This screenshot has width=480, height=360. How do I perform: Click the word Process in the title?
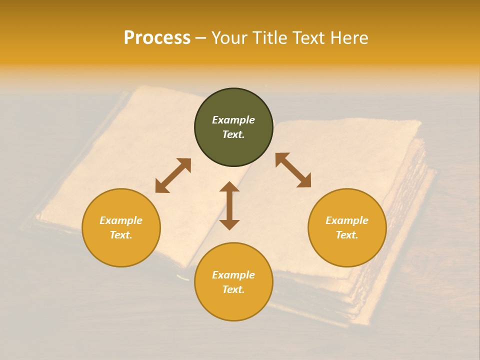point(157,38)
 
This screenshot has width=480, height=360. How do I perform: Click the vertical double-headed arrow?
point(229,205)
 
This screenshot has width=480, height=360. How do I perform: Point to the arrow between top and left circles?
point(173,175)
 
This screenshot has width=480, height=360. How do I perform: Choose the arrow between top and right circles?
point(293,170)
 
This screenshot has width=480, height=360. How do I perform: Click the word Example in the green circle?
point(233,120)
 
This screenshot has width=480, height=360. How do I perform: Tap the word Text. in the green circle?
point(233,134)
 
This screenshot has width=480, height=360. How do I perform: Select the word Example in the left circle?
point(121,220)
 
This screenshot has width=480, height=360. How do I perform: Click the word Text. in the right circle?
point(347,235)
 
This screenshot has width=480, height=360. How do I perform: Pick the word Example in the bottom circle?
point(233,275)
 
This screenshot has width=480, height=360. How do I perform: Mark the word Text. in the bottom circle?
point(233,289)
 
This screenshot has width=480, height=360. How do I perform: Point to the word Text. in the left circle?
point(121,235)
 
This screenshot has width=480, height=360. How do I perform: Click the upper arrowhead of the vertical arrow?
point(229,187)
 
